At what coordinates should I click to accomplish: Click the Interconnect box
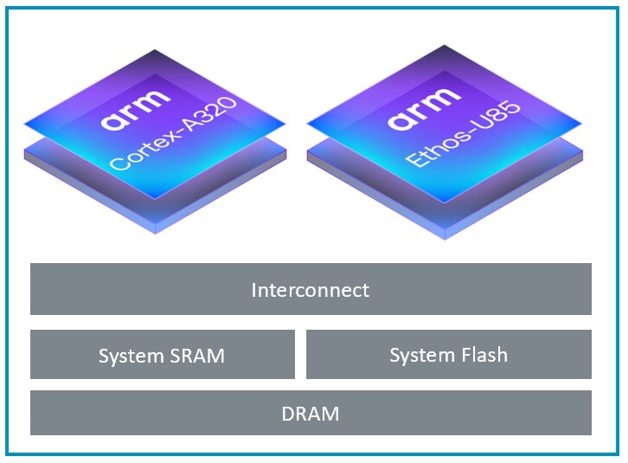click(311, 289)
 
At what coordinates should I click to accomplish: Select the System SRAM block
click(162, 354)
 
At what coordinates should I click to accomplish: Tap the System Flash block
click(448, 354)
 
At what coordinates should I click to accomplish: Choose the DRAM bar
click(311, 413)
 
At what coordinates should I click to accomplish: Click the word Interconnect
click(311, 290)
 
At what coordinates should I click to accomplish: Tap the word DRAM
click(311, 414)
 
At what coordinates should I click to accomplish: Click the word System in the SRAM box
click(130, 356)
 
